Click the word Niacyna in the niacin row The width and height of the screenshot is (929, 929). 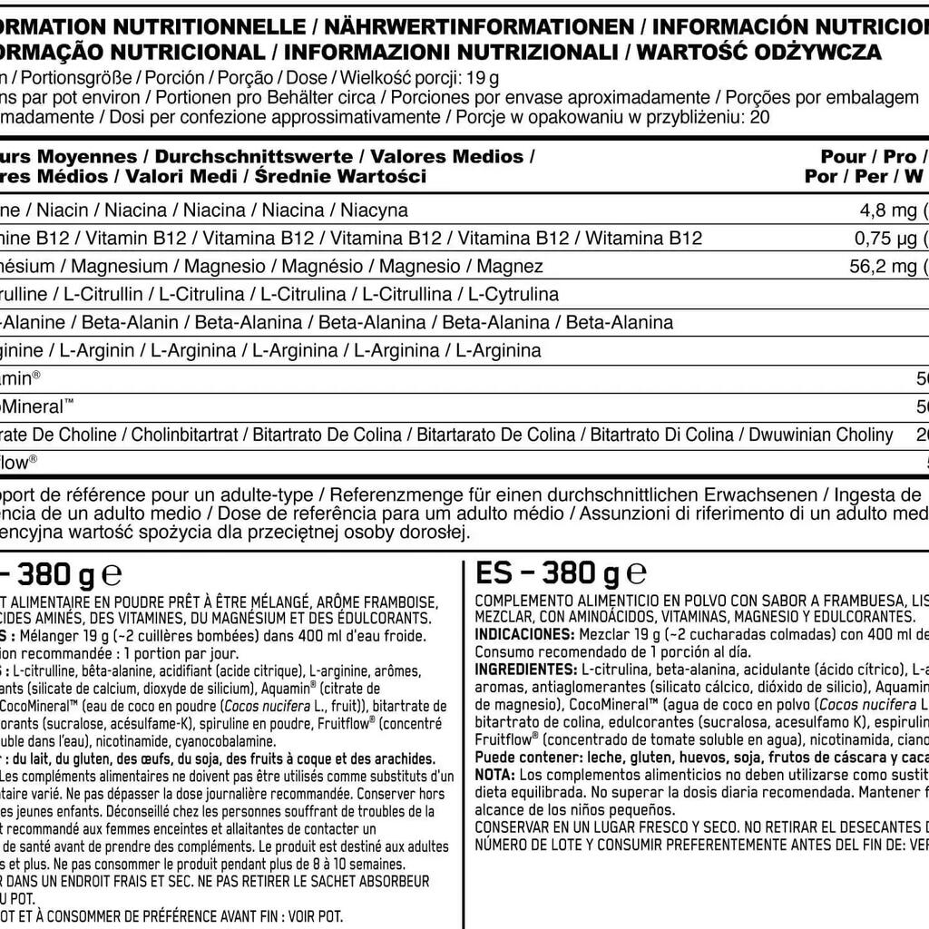(x=374, y=210)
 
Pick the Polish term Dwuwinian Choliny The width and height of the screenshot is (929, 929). (x=824, y=435)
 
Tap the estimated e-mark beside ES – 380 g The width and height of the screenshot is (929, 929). (x=636, y=573)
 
